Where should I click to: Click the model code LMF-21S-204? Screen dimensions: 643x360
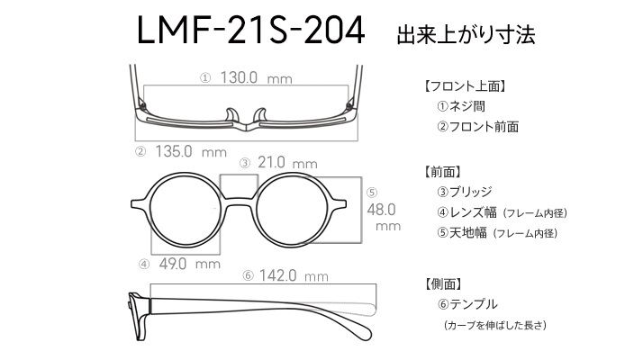(x=250, y=30)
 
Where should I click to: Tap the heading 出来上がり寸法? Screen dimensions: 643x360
(x=466, y=35)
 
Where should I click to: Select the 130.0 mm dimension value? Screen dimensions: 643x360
(x=257, y=77)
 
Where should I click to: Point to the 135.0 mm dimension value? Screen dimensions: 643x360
(x=191, y=152)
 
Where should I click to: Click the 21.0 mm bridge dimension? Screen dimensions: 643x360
(x=287, y=163)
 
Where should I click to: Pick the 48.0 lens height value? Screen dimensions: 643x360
(x=381, y=210)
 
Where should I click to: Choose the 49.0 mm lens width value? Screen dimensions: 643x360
(x=189, y=264)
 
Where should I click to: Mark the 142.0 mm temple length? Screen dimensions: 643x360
(x=294, y=275)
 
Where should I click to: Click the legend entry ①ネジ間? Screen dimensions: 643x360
(x=461, y=106)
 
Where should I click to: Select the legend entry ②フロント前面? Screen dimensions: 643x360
(x=477, y=127)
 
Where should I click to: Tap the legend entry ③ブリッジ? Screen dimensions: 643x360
(x=464, y=192)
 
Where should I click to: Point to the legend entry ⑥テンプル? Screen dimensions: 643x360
(x=467, y=304)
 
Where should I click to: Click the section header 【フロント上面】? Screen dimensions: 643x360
(x=465, y=86)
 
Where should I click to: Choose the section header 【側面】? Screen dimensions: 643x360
(x=443, y=283)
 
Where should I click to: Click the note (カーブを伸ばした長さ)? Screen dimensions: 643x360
(x=495, y=325)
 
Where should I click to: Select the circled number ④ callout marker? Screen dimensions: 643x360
(x=144, y=265)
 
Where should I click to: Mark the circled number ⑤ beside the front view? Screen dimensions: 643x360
(x=372, y=193)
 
